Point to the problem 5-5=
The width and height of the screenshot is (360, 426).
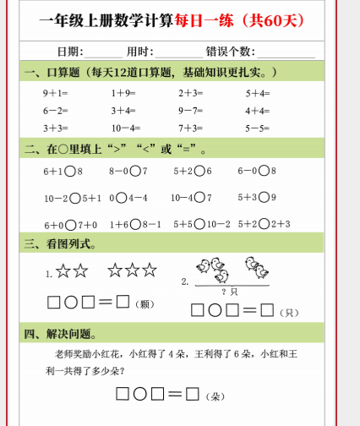click(257, 128)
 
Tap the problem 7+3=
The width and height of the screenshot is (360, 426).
click(191, 128)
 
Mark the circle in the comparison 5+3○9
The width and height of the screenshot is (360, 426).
click(262, 198)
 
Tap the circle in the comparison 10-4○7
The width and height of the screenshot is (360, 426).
click(199, 198)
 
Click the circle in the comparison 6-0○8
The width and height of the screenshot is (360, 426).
click(262, 172)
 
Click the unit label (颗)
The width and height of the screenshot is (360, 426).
click(144, 303)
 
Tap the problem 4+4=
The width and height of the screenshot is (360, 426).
click(257, 111)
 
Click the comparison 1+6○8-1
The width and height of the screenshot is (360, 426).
click(135, 225)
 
